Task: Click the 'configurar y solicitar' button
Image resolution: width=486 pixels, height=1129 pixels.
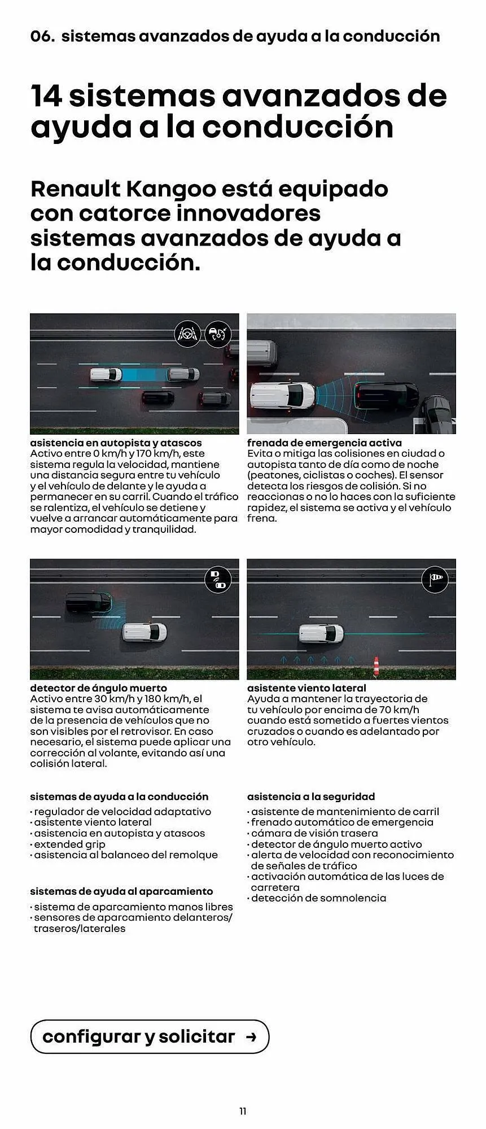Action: pyautogui.click(x=150, y=1036)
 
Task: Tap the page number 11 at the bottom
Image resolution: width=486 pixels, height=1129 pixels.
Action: pyautogui.click(x=243, y=1111)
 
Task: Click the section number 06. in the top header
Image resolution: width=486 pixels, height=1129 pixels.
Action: pyautogui.click(x=42, y=37)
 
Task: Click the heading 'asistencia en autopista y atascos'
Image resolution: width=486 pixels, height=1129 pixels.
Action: pyautogui.click(x=116, y=443)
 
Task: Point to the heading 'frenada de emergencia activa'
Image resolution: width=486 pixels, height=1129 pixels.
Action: pyautogui.click(x=325, y=443)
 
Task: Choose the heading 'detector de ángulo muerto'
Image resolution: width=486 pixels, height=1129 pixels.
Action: pyautogui.click(x=98, y=688)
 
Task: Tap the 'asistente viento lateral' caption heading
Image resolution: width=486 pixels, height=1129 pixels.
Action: pyautogui.click(x=307, y=688)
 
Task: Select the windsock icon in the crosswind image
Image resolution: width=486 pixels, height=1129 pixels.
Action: pyautogui.click(x=435, y=579)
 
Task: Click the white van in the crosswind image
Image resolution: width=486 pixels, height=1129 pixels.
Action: pyautogui.click(x=321, y=633)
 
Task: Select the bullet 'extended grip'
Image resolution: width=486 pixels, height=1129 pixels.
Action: pyautogui.click(x=69, y=844)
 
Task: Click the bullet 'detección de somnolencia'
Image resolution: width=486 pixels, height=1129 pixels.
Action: pyautogui.click(x=318, y=898)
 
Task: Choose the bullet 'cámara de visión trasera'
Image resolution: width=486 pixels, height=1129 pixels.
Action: pyautogui.click(x=314, y=833)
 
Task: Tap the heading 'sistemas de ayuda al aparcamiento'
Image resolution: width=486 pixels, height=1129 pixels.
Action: pyautogui.click(x=121, y=891)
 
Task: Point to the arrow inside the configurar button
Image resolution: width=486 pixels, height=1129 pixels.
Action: pyautogui.click(x=251, y=1037)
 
